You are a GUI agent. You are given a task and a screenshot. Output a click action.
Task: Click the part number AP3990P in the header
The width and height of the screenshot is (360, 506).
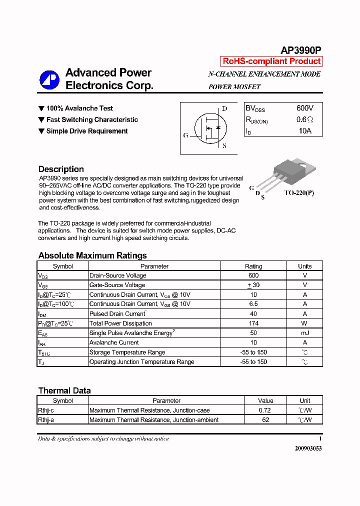(x=300, y=50)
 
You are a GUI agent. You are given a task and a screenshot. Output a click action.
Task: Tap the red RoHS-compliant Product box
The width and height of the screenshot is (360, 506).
(x=271, y=61)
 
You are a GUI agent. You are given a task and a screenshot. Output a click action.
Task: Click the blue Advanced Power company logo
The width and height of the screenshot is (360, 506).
(x=49, y=79)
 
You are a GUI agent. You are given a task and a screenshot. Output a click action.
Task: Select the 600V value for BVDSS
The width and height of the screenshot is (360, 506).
(x=304, y=108)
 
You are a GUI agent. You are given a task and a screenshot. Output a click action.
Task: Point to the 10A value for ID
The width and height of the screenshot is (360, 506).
(x=304, y=131)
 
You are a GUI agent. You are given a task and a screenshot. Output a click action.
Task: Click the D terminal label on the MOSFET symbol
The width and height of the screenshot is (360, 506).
(x=224, y=108)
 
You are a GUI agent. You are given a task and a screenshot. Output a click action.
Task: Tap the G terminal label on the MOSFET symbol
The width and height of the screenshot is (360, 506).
(x=186, y=135)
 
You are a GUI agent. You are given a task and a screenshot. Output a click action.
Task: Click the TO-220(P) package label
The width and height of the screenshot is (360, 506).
(x=299, y=192)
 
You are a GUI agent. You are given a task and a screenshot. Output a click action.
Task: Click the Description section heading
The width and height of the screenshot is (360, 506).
(x=61, y=169)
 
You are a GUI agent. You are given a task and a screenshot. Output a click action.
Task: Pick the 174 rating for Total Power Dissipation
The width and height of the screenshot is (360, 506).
(x=253, y=323)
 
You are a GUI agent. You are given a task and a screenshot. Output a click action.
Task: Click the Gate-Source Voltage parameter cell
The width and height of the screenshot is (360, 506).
(x=117, y=285)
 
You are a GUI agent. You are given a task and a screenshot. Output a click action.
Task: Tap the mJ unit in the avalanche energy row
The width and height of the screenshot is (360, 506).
(x=304, y=333)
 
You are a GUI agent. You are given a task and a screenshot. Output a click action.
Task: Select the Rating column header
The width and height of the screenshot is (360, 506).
(x=253, y=266)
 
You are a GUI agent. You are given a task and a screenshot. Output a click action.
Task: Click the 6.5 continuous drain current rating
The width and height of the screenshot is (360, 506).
(x=253, y=304)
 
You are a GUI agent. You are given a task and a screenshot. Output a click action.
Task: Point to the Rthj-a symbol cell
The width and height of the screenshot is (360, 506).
(x=46, y=420)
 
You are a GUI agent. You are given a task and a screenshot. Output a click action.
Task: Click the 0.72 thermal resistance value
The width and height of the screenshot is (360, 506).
(x=265, y=410)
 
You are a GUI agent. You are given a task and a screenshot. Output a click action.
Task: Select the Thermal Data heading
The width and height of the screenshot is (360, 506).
(x=64, y=391)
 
